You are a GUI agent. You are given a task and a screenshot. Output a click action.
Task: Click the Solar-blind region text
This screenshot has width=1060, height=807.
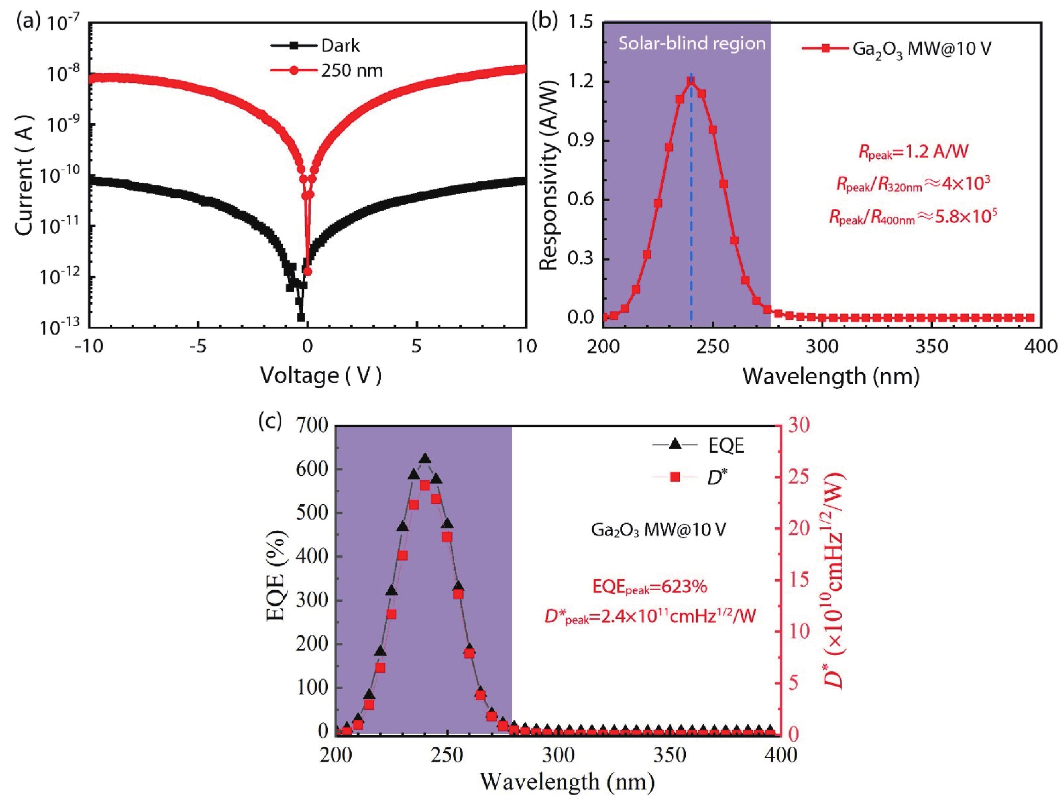point(691,44)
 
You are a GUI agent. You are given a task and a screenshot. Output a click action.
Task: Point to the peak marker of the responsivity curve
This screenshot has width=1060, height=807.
point(691,81)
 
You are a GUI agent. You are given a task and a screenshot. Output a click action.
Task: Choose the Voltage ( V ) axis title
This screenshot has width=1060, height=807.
point(320,375)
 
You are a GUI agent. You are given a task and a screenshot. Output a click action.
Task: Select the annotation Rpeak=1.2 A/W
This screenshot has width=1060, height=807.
point(913,152)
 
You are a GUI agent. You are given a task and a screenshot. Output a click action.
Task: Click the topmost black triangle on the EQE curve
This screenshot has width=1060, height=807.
point(425,458)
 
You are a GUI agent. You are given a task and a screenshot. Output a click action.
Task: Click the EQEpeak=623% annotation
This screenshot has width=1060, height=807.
point(649,587)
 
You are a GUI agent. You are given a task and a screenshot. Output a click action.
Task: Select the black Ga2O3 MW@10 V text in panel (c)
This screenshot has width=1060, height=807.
point(658,530)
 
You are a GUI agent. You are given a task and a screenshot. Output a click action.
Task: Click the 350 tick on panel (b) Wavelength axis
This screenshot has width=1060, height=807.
point(932,346)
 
